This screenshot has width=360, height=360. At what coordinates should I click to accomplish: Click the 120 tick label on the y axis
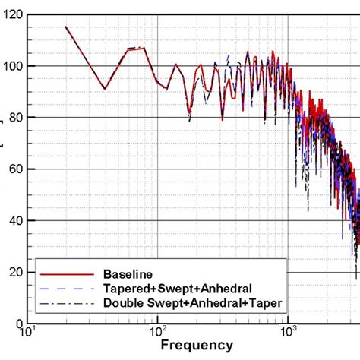14,14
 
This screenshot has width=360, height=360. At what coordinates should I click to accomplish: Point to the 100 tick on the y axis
14,66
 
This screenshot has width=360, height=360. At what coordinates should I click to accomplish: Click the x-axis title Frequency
196,346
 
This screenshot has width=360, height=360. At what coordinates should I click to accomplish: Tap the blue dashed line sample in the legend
62,288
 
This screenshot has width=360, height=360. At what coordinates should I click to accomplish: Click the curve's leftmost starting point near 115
66,27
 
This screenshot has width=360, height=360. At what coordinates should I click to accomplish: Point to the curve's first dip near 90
105,89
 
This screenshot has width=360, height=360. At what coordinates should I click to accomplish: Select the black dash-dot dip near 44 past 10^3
307,210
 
